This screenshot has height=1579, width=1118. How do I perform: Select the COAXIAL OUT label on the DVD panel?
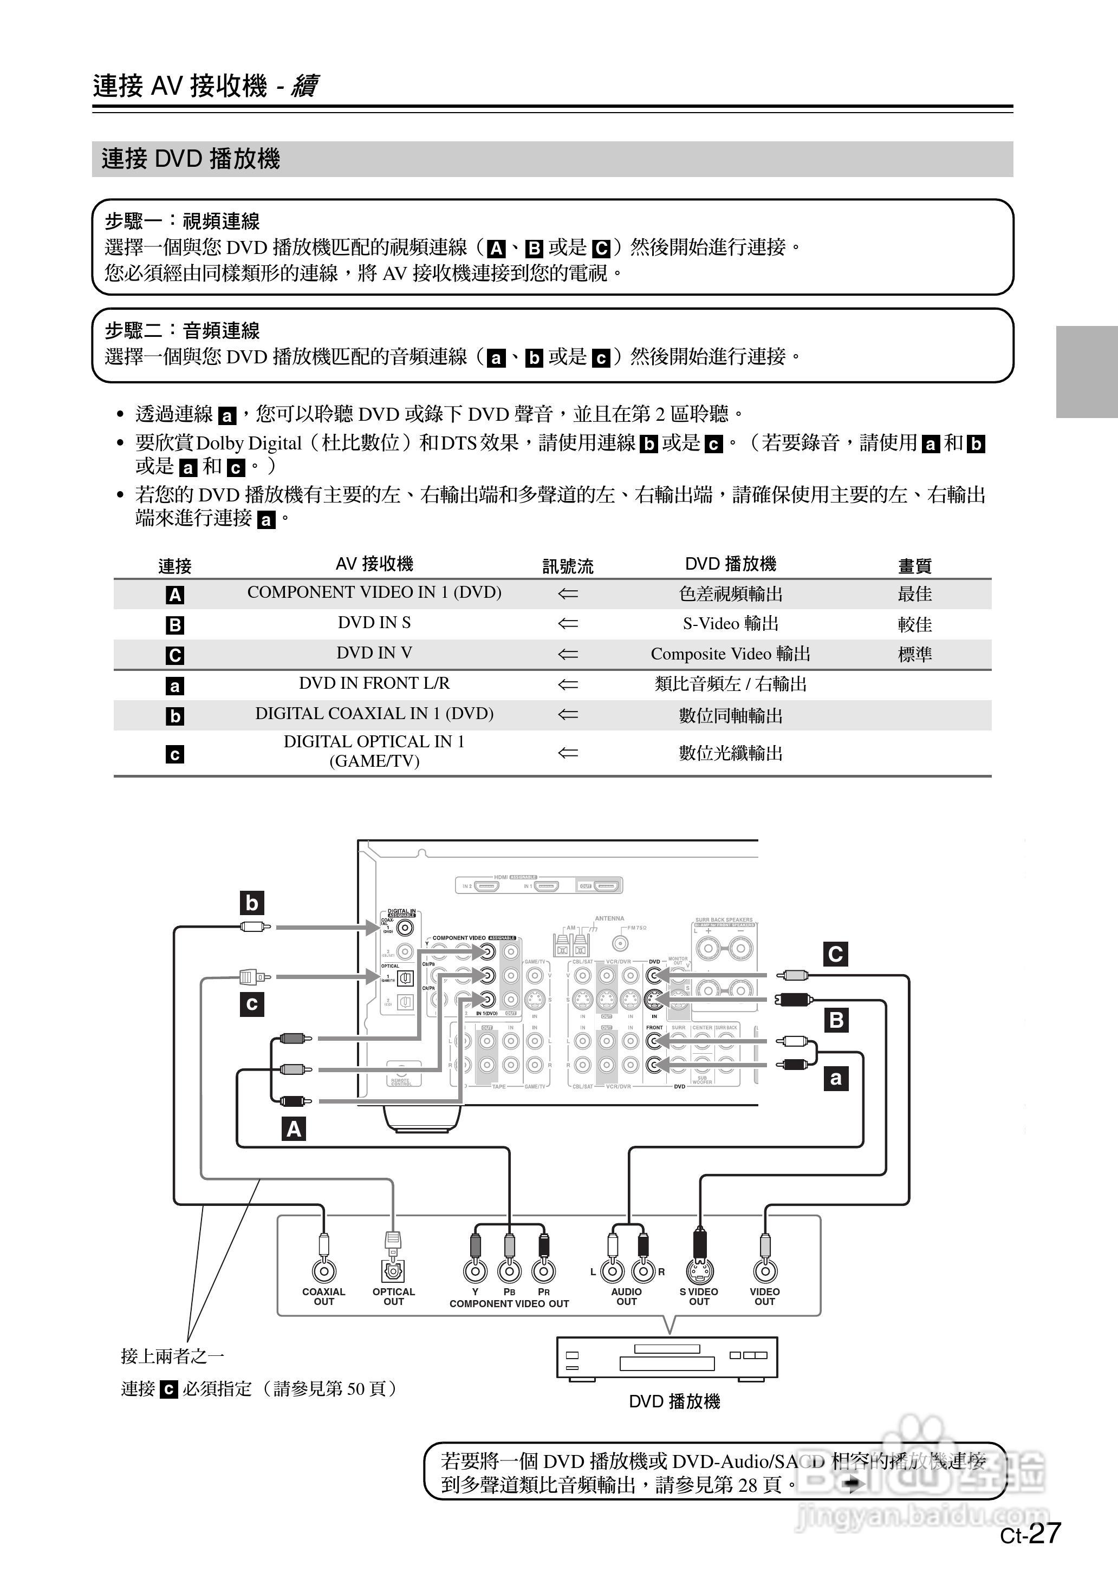click(323, 1297)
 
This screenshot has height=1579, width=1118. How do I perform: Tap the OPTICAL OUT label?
click(393, 1297)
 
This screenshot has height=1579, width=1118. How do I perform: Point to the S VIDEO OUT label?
click(699, 1297)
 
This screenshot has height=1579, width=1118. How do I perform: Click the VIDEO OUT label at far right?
click(764, 1297)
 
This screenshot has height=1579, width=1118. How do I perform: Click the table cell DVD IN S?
click(374, 623)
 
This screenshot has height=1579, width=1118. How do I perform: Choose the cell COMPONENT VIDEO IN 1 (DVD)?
click(374, 592)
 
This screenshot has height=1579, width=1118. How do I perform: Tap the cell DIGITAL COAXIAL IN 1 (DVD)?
click(374, 714)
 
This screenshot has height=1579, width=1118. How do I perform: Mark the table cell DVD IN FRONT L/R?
click(374, 683)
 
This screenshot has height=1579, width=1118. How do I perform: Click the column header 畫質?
click(914, 565)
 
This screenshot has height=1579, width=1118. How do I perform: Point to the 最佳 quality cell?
click(914, 594)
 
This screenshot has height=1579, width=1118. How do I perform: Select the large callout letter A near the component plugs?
click(294, 1129)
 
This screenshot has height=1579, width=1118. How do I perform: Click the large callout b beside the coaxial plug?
click(252, 903)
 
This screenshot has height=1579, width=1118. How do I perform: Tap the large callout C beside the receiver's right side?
click(836, 954)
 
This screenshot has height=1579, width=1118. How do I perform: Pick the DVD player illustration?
click(666, 1358)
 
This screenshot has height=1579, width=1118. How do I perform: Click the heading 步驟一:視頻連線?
click(182, 221)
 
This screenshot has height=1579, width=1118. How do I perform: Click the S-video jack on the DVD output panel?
click(699, 1271)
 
